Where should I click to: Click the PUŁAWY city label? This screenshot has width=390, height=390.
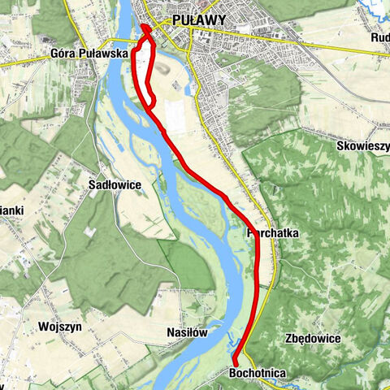[x=201, y=22]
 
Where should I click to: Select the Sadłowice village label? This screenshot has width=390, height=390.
[x=115, y=185]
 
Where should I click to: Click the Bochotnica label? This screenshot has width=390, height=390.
[x=257, y=372]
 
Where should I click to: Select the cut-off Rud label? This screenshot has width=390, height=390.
[x=379, y=37]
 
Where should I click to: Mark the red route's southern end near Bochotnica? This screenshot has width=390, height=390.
[x=235, y=362]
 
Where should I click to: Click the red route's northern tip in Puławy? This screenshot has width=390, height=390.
[x=145, y=27]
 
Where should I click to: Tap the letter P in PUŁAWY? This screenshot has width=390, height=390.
[x=176, y=22]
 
